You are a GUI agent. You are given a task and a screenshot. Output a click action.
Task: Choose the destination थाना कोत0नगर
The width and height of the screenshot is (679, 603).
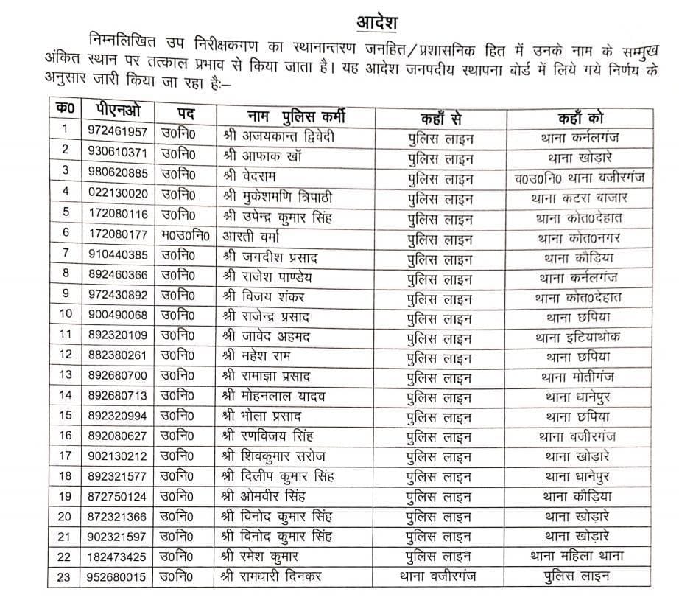[x=579, y=237]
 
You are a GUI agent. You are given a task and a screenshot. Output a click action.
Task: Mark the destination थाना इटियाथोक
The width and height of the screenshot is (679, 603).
[x=579, y=337]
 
